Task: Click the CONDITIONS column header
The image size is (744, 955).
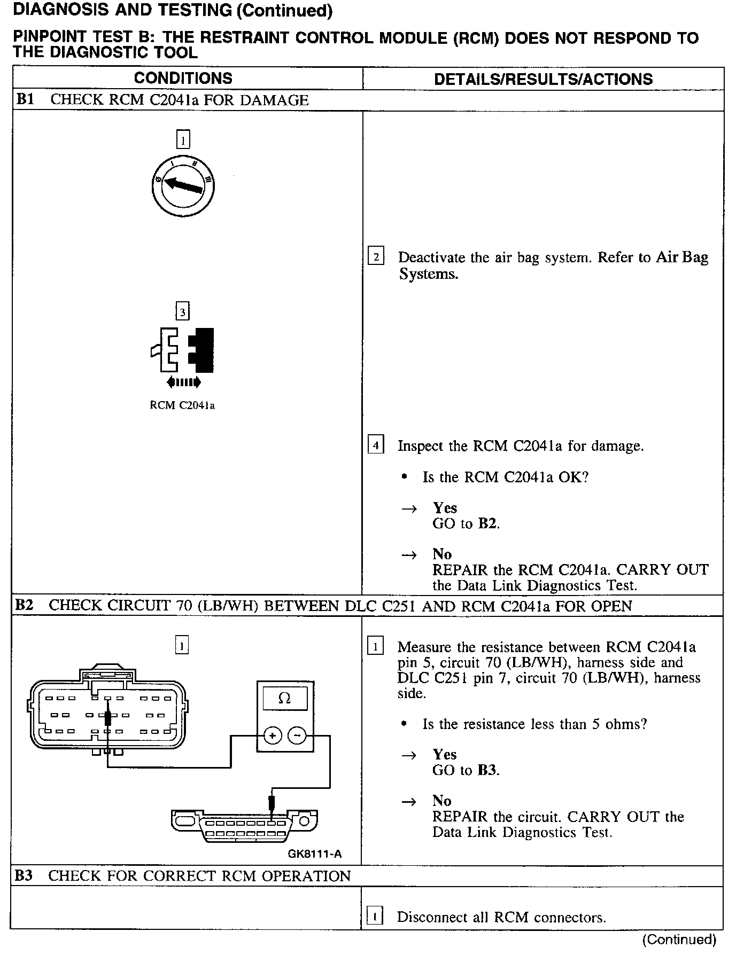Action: coord(183,79)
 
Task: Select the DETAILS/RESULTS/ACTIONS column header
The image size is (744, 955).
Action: coord(543,80)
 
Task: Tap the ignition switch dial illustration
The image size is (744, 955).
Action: coord(183,185)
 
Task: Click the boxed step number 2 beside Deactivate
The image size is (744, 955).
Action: coord(376,257)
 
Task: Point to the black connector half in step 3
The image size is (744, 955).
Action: coord(203,350)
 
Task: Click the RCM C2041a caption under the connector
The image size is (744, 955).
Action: coord(182,405)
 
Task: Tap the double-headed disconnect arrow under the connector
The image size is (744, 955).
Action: coord(183,382)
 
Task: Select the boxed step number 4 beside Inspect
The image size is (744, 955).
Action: coord(376,445)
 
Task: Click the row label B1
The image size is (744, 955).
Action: coord(26,100)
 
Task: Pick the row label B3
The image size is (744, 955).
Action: coord(25,875)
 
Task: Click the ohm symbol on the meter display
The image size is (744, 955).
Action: coord(284,699)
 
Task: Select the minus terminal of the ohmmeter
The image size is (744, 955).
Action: coord(297,736)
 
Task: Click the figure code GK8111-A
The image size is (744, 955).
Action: coord(314,854)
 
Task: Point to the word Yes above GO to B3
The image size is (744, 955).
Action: coord(445,754)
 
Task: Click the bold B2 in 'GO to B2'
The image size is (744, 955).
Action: coord(487,523)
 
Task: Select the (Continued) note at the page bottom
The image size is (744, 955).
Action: coord(679,940)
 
